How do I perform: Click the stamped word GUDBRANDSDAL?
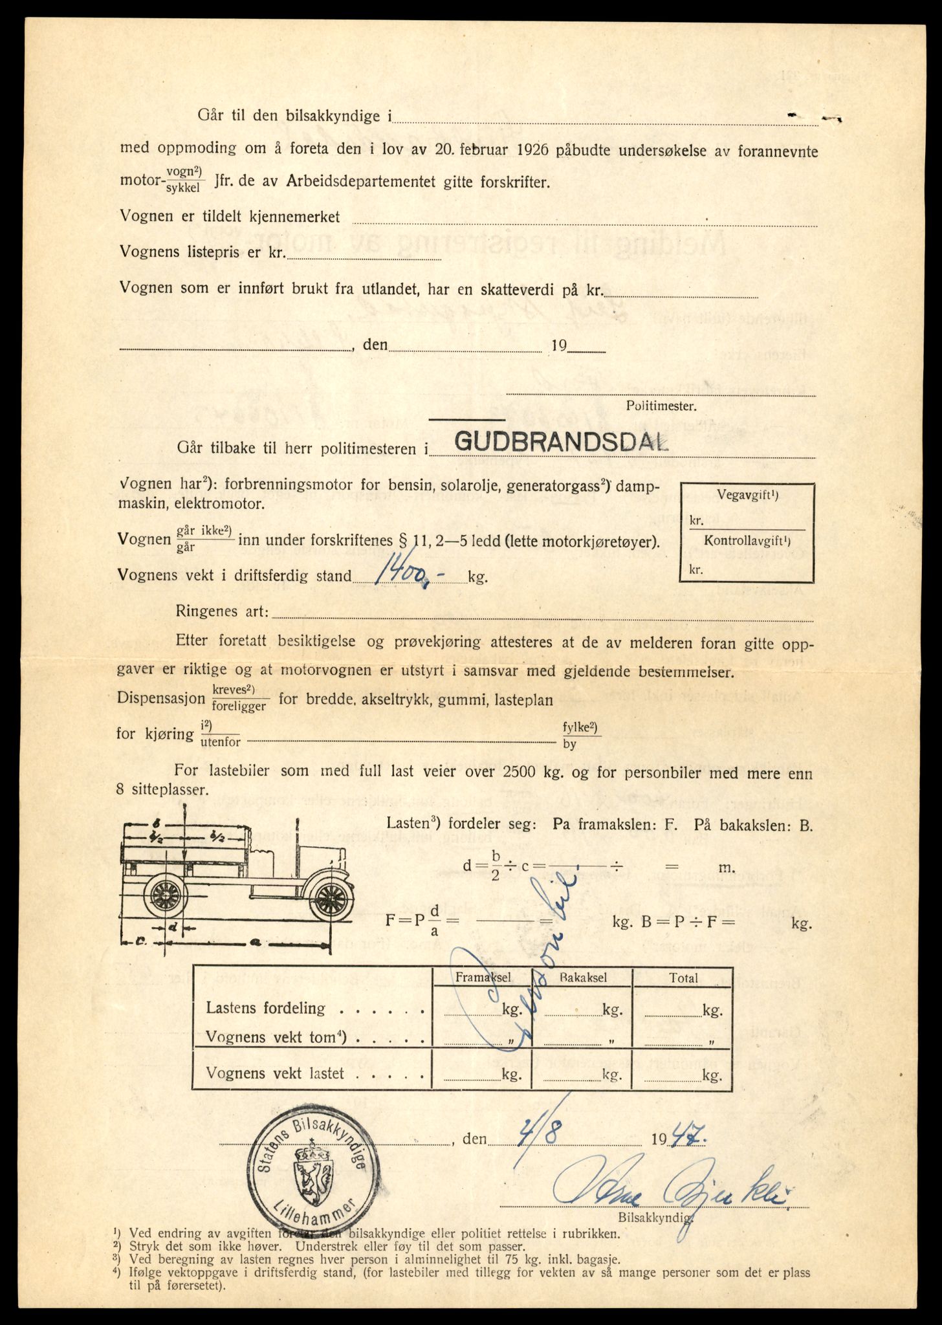click(x=560, y=441)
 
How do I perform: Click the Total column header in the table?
click(x=684, y=978)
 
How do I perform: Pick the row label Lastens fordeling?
click(x=265, y=1008)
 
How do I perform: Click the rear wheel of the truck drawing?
click(x=165, y=896)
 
